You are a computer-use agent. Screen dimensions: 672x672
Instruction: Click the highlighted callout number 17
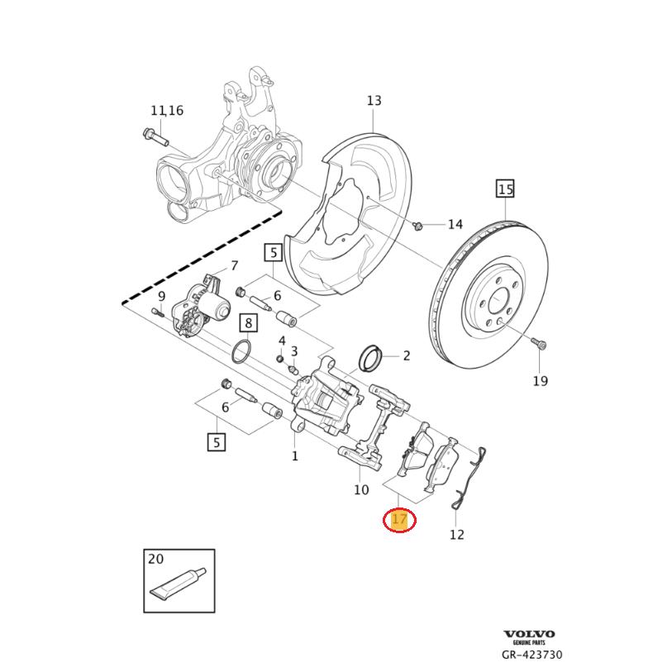[x=400, y=520]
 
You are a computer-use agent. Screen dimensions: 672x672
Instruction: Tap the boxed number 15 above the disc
[x=505, y=189]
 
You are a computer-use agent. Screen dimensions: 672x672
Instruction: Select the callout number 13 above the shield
[x=374, y=101]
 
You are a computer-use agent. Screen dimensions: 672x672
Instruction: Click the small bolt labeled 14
[x=417, y=224]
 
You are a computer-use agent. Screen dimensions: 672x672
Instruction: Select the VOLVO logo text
[x=529, y=634]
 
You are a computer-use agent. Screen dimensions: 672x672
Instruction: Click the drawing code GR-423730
[x=531, y=655]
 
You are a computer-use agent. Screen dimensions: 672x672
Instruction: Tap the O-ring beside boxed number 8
[x=241, y=351]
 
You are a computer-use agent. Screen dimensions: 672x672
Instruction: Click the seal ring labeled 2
[x=370, y=356]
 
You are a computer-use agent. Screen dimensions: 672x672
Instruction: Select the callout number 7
[x=234, y=265]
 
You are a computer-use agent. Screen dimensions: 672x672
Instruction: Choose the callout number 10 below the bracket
[x=361, y=490]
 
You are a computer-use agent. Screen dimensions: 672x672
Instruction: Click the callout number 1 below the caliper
[x=294, y=455]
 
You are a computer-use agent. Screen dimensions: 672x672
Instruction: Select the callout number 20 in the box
[x=155, y=560]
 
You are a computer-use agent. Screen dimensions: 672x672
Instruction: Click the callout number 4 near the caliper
[x=281, y=341]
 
